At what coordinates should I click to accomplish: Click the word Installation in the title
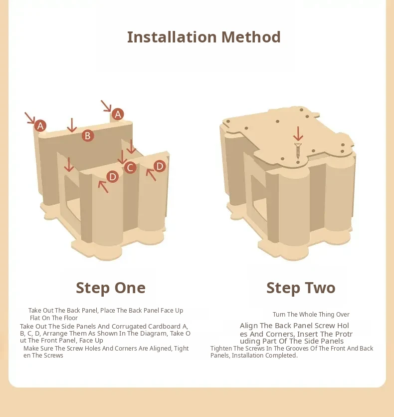(x=172, y=37)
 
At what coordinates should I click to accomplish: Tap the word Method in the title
(x=251, y=37)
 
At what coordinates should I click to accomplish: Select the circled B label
(x=88, y=136)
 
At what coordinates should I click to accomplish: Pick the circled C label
(x=130, y=167)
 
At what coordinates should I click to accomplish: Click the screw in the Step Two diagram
(x=298, y=151)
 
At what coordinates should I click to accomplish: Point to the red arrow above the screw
(x=298, y=134)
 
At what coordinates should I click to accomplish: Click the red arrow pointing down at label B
(x=72, y=125)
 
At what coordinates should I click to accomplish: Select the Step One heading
(x=111, y=288)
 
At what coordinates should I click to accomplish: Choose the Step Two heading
(x=301, y=288)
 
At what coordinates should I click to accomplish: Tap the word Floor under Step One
(x=70, y=318)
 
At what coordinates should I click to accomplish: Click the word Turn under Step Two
(x=279, y=314)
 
